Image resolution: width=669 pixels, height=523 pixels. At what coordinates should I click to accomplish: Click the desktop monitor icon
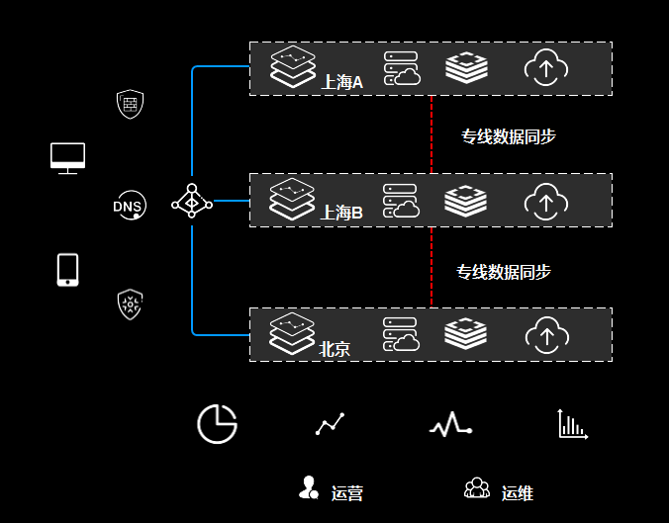tap(67, 157)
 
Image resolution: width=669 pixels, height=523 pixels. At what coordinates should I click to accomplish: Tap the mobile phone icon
tap(67, 269)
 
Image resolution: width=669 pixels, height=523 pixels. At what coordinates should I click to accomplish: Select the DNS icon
tap(129, 206)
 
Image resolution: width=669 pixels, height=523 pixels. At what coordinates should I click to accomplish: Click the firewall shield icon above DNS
tap(129, 103)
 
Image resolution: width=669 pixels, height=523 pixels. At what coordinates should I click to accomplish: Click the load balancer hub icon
tap(191, 202)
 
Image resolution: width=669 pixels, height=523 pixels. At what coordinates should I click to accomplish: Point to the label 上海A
tap(342, 82)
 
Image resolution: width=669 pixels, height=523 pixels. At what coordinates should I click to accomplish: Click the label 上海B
tap(342, 213)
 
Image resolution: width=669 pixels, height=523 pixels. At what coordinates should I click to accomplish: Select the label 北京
tap(334, 348)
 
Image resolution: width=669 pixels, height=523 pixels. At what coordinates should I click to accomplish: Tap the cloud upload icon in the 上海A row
tap(544, 67)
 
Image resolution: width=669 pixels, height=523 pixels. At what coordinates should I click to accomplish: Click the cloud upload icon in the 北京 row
tap(544, 334)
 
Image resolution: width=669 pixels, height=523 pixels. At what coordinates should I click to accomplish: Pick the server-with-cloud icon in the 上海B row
tap(401, 201)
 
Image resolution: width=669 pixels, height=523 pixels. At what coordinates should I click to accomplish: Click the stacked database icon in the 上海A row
tap(466, 67)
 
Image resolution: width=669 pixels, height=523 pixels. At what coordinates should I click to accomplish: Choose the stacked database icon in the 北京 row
tap(466, 334)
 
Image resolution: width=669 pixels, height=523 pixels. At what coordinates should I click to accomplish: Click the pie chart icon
tap(217, 424)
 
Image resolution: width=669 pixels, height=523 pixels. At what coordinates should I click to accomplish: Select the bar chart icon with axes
tap(572, 424)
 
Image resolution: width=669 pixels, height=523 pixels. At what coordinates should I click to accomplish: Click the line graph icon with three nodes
tap(331, 424)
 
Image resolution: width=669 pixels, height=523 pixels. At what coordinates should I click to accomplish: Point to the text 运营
tap(347, 493)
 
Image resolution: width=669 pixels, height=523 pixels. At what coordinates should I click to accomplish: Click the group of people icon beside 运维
tap(477, 488)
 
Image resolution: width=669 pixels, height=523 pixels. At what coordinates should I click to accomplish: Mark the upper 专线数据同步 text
tap(509, 137)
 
